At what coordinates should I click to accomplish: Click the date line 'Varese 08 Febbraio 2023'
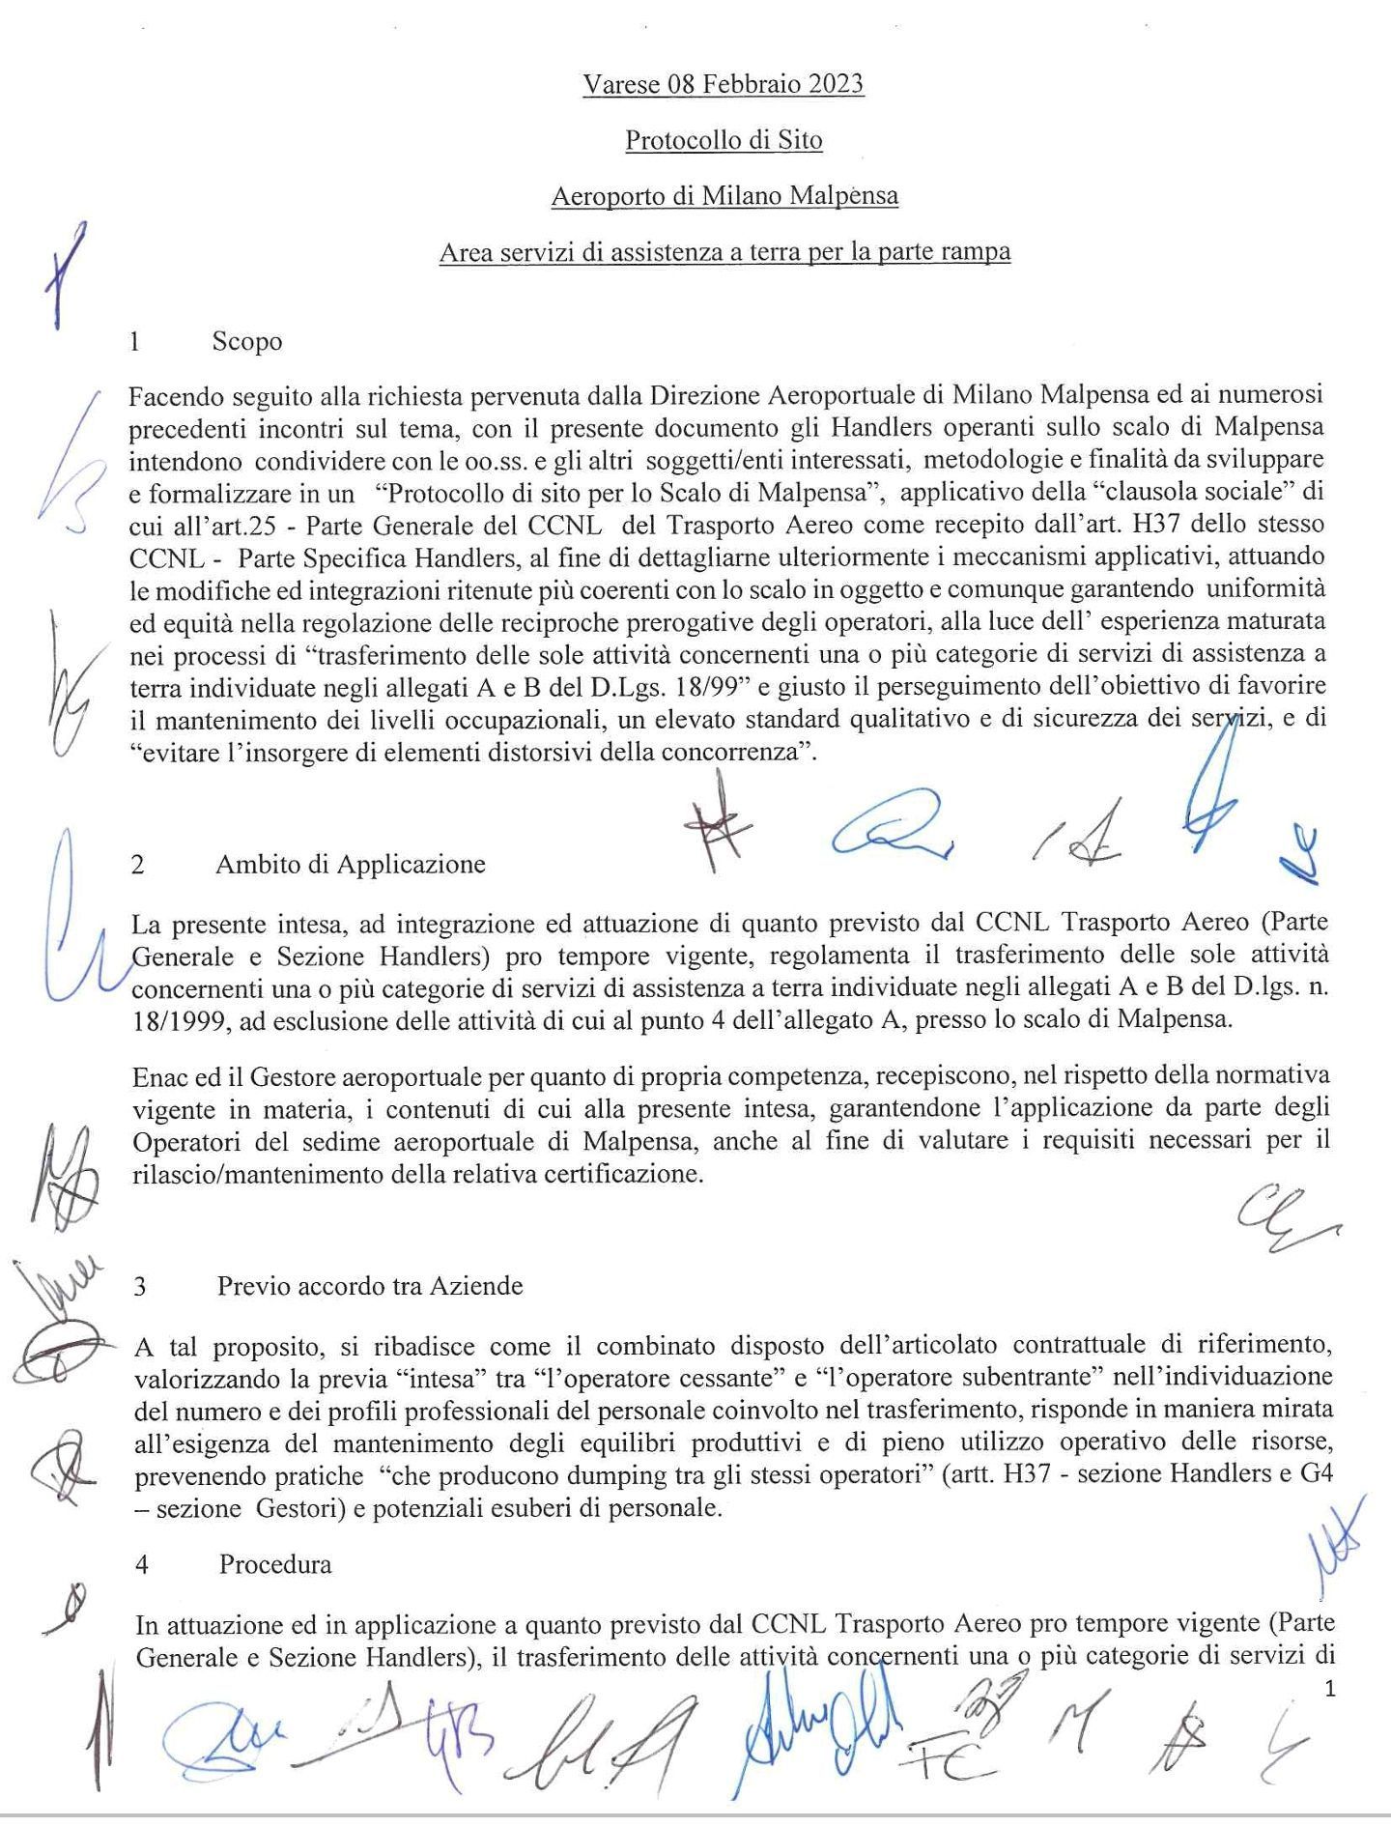point(723,85)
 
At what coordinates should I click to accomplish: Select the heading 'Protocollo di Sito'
point(724,141)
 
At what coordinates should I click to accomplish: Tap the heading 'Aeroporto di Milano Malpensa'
point(724,197)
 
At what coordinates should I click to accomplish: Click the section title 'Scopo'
point(247,342)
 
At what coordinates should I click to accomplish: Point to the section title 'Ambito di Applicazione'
point(350,864)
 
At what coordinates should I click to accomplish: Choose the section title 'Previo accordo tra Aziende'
point(370,1286)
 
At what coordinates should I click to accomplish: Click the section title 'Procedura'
point(275,1564)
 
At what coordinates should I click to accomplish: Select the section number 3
point(141,1287)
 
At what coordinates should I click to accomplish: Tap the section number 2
point(138,865)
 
